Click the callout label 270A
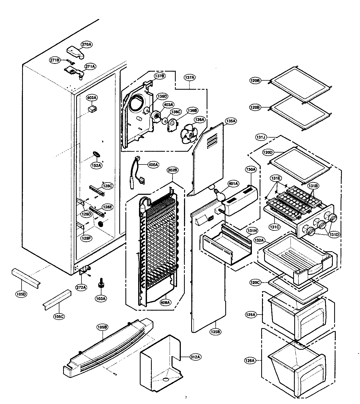[87, 45]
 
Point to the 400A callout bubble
[153, 165]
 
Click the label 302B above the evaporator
[173, 170]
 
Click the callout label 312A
[195, 357]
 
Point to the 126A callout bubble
[250, 361]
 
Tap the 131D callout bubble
[334, 235]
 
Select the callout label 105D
[21, 294]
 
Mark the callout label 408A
[165, 302]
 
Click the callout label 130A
[251, 169]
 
